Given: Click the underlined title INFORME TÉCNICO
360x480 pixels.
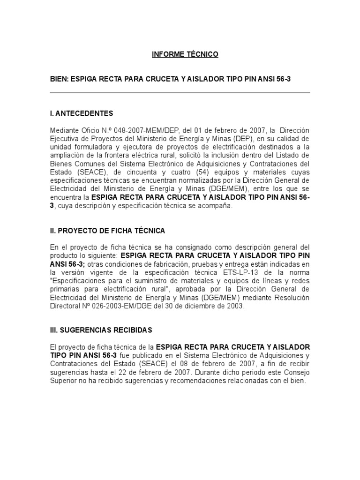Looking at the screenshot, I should [x=185, y=55].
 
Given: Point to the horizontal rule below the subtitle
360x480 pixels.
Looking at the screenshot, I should [x=180, y=93].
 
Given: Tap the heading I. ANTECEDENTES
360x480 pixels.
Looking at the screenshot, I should [x=81, y=113].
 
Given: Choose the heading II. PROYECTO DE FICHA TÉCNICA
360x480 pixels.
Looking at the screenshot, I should [x=107, y=231].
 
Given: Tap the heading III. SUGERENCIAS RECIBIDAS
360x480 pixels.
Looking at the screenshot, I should [x=101, y=330].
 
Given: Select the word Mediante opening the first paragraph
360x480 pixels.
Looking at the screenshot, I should [x=63, y=129].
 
